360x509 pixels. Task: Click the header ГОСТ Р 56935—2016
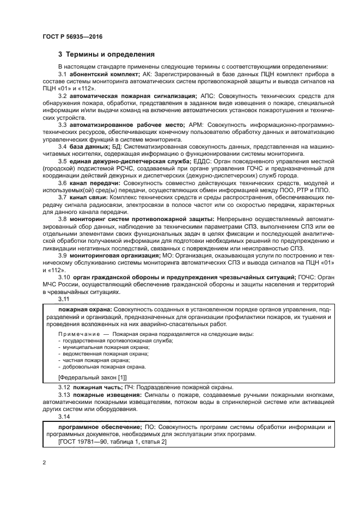(72, 36)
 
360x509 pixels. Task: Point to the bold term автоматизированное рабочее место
(126, 125)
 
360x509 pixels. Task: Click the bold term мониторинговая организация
(114, 255)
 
